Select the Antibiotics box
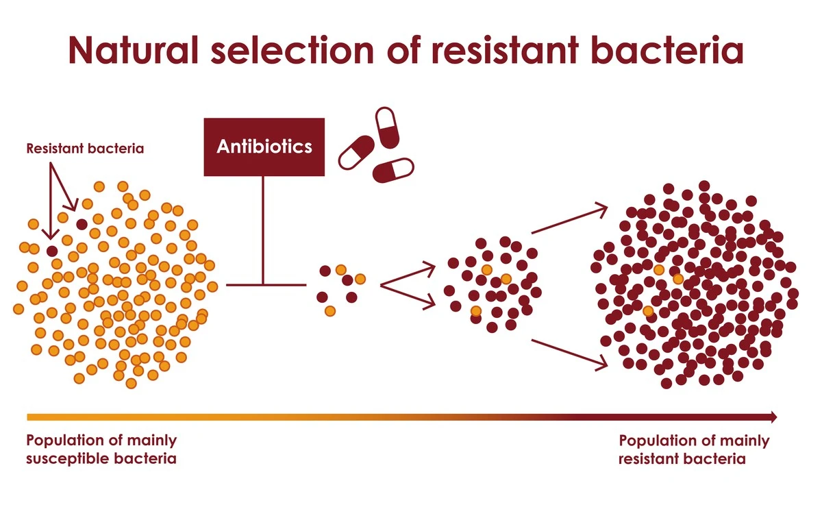[x=264, y=147]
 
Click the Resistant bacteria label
[x=85, y=148]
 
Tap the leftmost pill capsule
[x=356, y=151]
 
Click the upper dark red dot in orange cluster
[x=82, y=224]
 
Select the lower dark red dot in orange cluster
[x=51, y=251]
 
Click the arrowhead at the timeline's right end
[x=773, y=417]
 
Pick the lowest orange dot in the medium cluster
[x=476, y=311]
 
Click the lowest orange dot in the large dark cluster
[x=648, y=311]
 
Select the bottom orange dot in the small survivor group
[x=329, y=310]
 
